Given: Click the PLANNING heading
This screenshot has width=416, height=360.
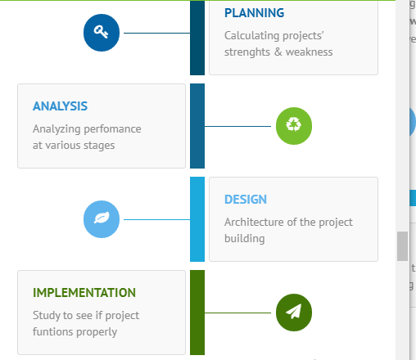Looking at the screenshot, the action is coord(254,13).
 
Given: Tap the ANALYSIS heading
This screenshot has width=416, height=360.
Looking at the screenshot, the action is coord(60,106).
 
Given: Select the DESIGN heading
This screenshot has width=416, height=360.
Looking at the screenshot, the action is coord(246,200).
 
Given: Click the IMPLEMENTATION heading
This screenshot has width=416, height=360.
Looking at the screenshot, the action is coord(84,293).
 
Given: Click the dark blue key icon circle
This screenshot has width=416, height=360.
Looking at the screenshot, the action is coord(102,33).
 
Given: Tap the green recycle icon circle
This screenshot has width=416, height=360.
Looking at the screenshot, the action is coord(294,126).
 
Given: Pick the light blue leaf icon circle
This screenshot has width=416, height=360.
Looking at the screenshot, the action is coord(102,219).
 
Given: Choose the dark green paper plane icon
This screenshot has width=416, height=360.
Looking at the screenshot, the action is coord(294,313).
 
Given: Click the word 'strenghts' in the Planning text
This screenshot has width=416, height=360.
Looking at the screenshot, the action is coord(247,52).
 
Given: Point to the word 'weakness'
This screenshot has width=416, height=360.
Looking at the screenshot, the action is coord(309,52).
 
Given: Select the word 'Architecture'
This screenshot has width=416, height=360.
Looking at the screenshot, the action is coord(255,222).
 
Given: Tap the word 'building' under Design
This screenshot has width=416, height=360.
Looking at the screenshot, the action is coord(245,239).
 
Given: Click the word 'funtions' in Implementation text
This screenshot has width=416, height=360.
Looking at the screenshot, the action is coord(53,331).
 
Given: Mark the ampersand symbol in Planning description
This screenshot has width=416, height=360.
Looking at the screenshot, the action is coord(278,52).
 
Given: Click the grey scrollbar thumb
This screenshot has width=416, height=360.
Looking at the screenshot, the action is coord(402,246).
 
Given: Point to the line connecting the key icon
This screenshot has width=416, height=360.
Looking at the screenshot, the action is coord(156,33).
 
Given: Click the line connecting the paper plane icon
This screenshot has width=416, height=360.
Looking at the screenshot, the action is coord(237,313).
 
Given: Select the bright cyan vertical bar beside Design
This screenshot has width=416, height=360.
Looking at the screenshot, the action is coord(197,219).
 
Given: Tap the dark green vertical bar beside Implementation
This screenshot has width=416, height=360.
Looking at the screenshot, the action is coord(197,313).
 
